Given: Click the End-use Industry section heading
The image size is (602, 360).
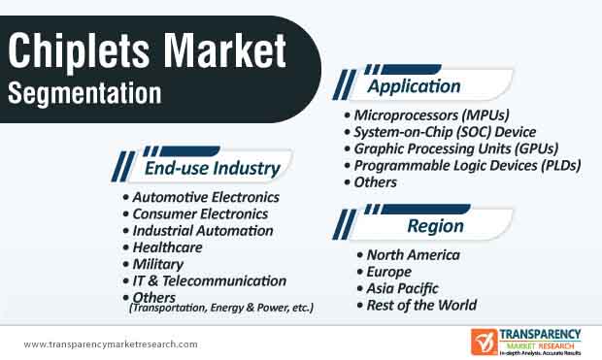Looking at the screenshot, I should click(212, 169).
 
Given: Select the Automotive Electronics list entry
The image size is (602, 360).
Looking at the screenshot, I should click(206, 197).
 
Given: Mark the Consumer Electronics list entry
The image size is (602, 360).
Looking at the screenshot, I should click(200, 213).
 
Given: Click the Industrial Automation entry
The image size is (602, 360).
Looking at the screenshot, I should click(203, 231).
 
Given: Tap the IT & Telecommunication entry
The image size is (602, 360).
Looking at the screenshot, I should click(209, 280).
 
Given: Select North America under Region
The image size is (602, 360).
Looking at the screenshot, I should click(413, 255).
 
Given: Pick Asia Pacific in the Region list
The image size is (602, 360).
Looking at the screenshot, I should click(402, 288).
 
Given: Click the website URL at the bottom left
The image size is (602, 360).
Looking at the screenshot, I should click(110, 344).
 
